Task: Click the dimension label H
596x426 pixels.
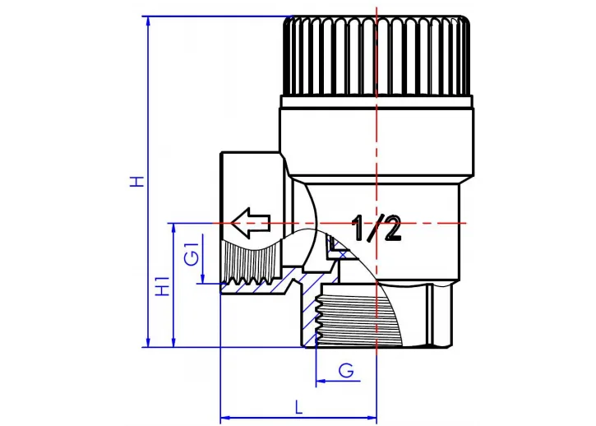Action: (x=136, y=181)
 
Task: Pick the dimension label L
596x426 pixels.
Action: (x=298, y=406)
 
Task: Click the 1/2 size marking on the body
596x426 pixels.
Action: (x=377, y=228)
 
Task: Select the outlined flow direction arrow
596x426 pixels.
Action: (x=250, y=222)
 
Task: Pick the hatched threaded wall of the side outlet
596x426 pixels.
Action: (x=255, y=289)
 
